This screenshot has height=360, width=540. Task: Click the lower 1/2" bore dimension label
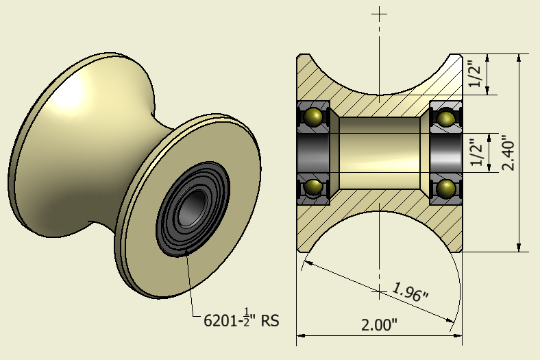point(474,152)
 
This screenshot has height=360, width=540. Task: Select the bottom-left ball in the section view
point(314,187)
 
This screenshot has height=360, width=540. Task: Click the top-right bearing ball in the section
point(445,118)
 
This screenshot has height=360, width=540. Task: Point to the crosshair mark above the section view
point(379,13)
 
